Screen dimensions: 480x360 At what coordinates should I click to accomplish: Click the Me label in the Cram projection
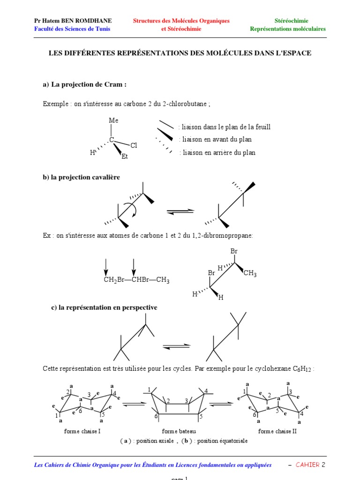coord(113,120)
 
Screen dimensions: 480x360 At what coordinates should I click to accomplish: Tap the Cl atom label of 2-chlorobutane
coord(134,145)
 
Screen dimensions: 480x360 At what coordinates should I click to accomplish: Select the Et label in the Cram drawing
coord(125,157)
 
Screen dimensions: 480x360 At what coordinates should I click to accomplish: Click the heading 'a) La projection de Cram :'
coord(84,85)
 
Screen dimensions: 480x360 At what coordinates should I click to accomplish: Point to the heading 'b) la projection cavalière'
coord(81,177)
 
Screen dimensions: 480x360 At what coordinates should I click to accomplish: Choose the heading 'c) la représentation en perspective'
coord(104,307)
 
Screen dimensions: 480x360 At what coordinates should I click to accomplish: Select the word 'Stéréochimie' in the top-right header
coord(291,21)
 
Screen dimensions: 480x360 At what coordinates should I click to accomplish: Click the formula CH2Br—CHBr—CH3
coord(136,280)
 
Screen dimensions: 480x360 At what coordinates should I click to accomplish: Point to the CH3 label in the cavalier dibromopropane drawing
coord(250,273)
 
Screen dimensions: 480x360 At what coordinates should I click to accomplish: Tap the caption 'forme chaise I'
coord(82,431)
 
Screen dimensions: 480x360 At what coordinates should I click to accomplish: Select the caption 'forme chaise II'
coord(277,431)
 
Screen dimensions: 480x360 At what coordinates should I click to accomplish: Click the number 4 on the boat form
coord(205,390)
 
